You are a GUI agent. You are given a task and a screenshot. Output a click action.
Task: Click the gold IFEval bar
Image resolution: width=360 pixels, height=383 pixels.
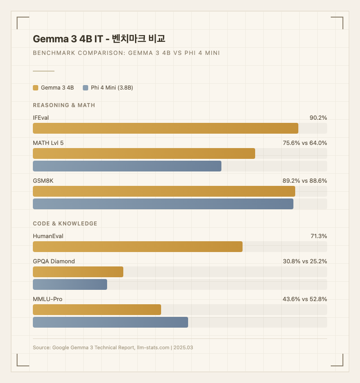166,128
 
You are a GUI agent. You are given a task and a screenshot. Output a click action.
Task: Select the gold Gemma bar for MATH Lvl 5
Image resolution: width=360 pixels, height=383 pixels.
144,153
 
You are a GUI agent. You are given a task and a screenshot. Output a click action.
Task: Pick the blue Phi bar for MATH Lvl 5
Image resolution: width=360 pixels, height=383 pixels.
127,166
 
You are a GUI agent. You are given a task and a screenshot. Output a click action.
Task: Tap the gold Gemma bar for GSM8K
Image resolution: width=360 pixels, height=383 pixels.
164,191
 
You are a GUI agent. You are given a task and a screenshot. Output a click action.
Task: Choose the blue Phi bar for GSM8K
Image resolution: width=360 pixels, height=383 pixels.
163,204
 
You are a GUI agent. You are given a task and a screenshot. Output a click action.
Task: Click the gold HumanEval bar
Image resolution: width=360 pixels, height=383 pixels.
138,247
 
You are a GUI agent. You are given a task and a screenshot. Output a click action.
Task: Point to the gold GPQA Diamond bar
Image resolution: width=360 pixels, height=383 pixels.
78,272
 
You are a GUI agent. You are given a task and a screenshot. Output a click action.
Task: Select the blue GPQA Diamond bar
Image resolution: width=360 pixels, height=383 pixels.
70,284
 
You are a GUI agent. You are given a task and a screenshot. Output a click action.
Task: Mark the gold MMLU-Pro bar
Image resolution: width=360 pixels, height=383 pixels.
97,310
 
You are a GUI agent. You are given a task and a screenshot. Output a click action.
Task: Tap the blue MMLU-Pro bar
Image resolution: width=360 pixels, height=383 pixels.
110,322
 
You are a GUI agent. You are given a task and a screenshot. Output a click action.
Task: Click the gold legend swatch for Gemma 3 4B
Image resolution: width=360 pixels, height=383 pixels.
36,88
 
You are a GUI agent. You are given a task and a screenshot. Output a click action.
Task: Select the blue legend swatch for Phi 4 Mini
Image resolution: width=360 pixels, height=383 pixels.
85,88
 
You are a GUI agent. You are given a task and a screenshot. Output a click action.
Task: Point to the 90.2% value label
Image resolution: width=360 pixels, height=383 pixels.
318,118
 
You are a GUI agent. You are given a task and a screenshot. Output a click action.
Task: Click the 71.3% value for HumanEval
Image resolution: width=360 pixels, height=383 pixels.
318,236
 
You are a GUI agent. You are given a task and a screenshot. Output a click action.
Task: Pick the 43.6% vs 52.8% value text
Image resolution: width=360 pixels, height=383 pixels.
305,299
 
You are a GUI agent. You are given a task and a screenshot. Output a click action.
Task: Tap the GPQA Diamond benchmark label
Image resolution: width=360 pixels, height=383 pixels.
54,261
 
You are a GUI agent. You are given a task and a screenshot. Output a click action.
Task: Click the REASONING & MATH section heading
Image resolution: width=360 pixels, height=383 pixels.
64,105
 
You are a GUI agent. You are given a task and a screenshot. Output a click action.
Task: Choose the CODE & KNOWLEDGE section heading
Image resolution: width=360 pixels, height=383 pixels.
65,224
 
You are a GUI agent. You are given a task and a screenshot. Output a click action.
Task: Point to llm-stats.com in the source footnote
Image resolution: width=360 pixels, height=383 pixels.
153,347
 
